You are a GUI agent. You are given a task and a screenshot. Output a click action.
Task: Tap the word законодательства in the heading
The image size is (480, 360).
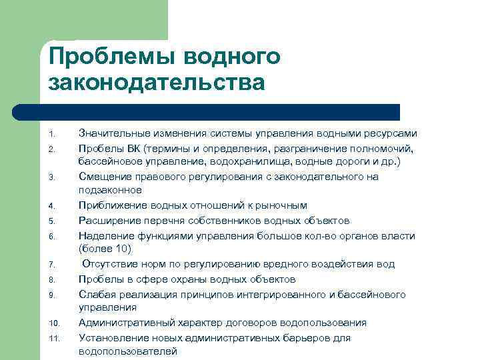coord(157,83)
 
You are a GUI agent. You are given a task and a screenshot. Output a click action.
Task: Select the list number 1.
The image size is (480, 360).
coord(53,133)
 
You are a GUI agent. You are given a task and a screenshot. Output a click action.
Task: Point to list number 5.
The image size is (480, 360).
coord(53,221)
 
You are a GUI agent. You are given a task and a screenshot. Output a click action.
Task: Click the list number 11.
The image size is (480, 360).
coord(55,339)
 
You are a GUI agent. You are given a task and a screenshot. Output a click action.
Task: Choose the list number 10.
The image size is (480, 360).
coord(55,324)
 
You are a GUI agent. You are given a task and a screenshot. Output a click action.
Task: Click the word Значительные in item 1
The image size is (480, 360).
coord(110,133)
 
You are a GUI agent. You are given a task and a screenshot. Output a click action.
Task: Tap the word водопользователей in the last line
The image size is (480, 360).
coord(128,352)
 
